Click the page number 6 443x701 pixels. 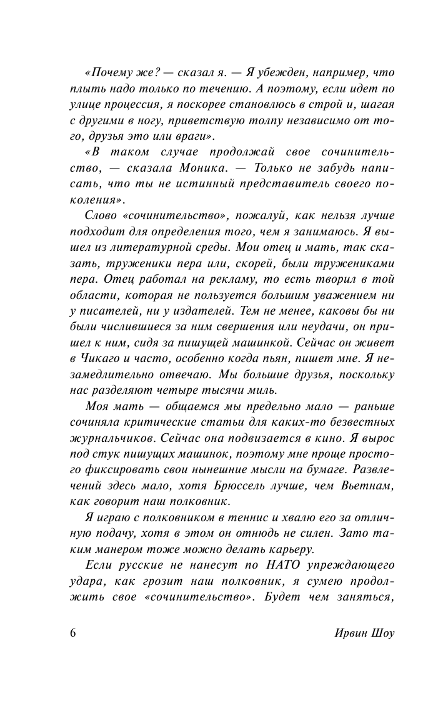[73, 632]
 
